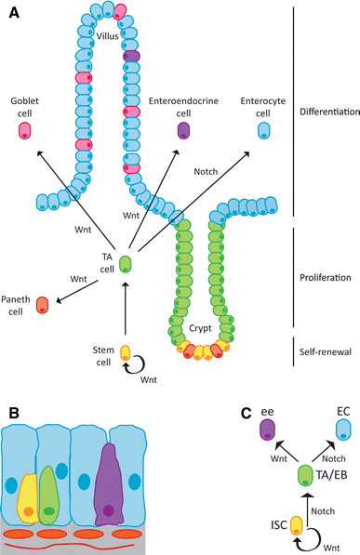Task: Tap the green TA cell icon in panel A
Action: [x=126, y=264]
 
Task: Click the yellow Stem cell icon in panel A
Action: [x=126, y=354]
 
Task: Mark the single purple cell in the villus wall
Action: [x=131, y=56]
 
